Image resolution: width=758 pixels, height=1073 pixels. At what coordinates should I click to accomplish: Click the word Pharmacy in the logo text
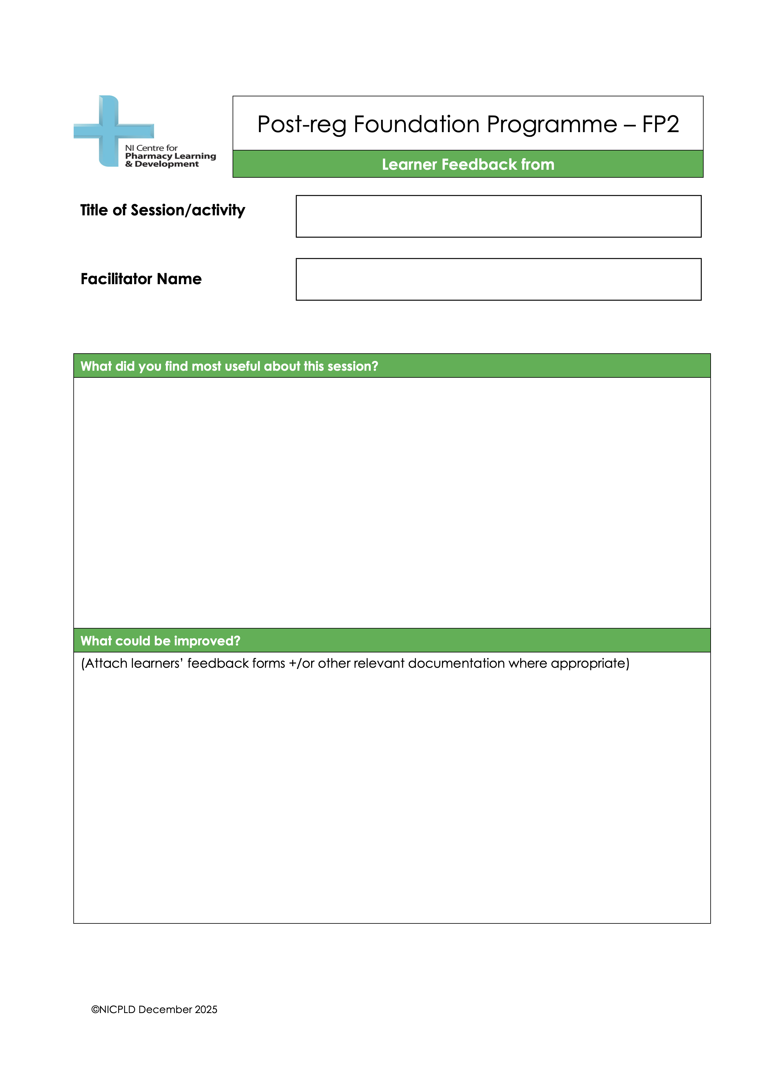point(149,156)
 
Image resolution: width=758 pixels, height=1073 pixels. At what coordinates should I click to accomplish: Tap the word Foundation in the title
point(416,125)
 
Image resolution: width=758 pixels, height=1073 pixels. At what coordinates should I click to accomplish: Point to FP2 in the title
point(660,125)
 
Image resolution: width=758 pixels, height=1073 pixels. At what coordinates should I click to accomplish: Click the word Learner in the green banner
point(409,165)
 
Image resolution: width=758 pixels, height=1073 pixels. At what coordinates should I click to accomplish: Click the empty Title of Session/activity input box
point(498,216)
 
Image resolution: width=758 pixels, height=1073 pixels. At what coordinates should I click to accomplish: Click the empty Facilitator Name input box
point(498,280)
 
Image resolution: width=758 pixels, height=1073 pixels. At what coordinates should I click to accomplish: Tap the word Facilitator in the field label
point(117,279)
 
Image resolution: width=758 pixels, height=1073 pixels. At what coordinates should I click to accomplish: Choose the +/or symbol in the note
point(301,664)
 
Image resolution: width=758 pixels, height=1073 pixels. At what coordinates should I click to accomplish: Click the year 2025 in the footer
point(206,1009)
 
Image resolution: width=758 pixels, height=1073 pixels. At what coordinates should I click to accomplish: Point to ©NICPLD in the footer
point(113,1009)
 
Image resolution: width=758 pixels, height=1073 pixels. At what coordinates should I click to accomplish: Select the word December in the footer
point(165,1009)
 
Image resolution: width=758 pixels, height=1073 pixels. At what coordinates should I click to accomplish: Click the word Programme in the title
point(552,125)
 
